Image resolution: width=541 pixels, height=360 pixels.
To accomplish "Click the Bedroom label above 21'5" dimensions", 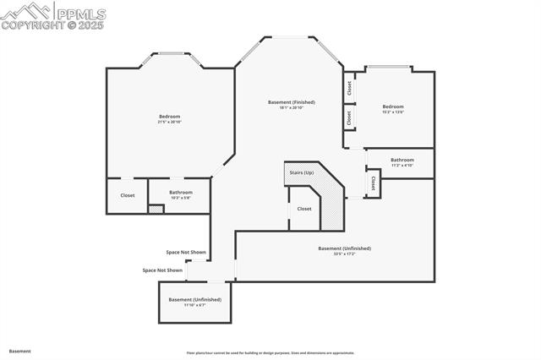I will click(x=170, y=116).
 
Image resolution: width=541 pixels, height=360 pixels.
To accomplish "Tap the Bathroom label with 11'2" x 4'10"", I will click(x=402, y=160).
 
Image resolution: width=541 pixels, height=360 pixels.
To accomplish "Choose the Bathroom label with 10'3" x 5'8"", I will click(x=181, y=192).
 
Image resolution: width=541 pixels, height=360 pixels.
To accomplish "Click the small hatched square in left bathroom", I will click(x=156, y=208).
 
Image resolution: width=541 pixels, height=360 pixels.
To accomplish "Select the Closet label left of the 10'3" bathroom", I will click(x=128, y=195).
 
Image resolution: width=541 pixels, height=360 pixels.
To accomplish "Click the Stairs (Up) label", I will click(x=302, y=172).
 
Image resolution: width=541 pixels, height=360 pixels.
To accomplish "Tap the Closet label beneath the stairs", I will click(x=304, y=209).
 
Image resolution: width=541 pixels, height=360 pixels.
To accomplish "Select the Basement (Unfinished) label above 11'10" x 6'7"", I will click(x=194, y=299).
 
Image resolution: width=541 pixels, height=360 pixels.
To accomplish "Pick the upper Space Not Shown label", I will click(x=186, y=252).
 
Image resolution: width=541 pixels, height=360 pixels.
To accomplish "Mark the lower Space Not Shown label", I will click(x=162, y=270).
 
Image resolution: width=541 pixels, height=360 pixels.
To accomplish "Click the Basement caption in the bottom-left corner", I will click(x=20, y=351).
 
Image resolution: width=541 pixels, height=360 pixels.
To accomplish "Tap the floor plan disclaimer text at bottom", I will click(x=270, y=353).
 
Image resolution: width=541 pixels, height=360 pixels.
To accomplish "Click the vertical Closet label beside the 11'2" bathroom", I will click(x=373, y=183).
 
